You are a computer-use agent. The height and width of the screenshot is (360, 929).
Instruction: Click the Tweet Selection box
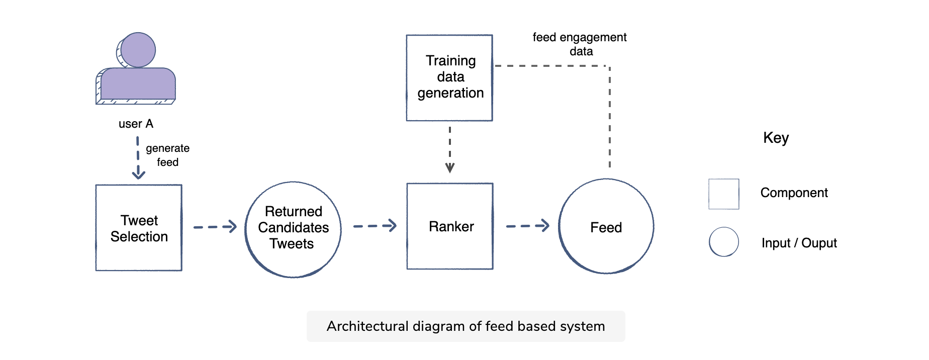point(139,228)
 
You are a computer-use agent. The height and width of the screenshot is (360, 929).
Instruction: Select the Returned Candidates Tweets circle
point(293,229)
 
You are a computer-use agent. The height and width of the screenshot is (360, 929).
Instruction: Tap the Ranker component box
point(450,226)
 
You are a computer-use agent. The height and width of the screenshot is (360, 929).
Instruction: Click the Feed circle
point(606,227)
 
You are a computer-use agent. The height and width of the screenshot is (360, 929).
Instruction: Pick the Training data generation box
point(449,77)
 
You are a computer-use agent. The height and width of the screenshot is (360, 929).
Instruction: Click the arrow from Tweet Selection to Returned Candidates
point(215,227)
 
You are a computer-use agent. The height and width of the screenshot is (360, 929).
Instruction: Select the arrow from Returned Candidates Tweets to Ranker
point(375,226)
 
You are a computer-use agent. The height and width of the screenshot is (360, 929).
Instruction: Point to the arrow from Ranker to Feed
point(527,226)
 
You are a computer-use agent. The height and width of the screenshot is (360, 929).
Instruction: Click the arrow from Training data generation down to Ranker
point(450,149)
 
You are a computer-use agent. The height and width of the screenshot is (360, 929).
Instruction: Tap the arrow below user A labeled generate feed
point(138,158)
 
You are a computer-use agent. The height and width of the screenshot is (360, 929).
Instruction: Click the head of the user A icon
point(138,50)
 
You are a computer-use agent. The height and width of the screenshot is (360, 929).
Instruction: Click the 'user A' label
point(136,124)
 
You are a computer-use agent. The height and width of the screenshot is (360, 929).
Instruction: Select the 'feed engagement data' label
point(580,44)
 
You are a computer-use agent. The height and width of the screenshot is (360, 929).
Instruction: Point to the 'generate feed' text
point(167,155)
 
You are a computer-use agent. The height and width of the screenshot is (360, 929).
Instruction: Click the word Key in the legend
point(776,138)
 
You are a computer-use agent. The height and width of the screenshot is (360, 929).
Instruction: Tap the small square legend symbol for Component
point(723,194)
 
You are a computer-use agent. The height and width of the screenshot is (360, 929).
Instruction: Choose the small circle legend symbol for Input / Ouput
point(723,242)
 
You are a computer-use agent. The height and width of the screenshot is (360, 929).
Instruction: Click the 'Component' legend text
point(794,193)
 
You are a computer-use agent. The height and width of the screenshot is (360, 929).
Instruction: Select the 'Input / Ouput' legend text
point(799,243)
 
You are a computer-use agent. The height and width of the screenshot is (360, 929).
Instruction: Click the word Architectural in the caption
point(367,326)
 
